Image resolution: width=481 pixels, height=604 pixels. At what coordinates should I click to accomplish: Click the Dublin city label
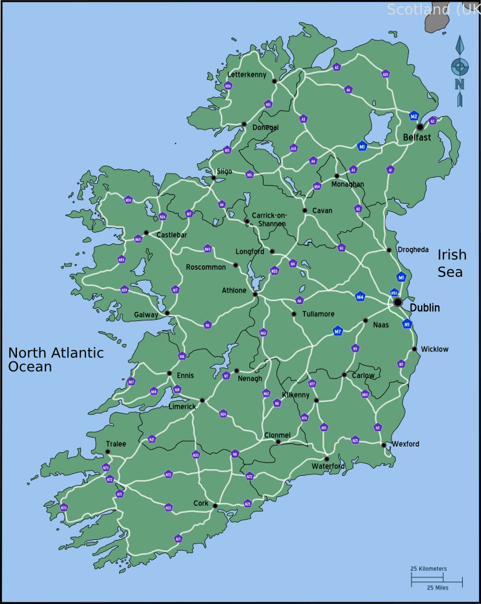(x=425, y=308)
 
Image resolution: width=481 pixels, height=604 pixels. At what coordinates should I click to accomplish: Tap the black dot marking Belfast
(x=420, y=127)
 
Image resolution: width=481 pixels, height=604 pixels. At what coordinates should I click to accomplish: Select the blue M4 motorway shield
(x=360, y=296)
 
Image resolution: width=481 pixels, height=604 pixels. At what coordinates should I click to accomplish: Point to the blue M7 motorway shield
(x=338, y=331)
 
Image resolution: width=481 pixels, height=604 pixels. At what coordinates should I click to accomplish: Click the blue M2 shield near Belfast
(x=414, y=116)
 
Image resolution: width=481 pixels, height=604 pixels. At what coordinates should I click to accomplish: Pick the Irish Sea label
(x=450, y=263)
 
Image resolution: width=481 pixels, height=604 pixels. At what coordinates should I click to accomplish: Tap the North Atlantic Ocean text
(x=56, y=360)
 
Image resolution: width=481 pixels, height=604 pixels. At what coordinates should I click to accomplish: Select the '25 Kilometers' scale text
(x=428, y=569)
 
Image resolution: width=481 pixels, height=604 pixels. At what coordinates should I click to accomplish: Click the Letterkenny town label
(x=246, y=74)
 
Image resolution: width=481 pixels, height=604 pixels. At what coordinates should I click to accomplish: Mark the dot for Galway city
(x=167, y=313)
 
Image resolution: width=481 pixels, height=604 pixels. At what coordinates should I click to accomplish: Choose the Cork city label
(x=200, y=503)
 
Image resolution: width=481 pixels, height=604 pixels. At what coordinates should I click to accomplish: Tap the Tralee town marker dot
(x=108, y=452)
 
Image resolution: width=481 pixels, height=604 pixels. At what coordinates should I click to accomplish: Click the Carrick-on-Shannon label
(x=269, y=219)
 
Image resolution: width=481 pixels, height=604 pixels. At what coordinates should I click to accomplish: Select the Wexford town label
(x=405, y=444)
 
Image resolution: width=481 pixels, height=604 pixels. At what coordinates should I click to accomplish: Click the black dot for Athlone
(x=255, y=294)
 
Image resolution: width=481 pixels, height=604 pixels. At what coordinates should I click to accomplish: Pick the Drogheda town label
(x=413, y=250)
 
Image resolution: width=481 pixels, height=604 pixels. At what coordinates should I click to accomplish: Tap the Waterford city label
(x=328, y=466)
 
